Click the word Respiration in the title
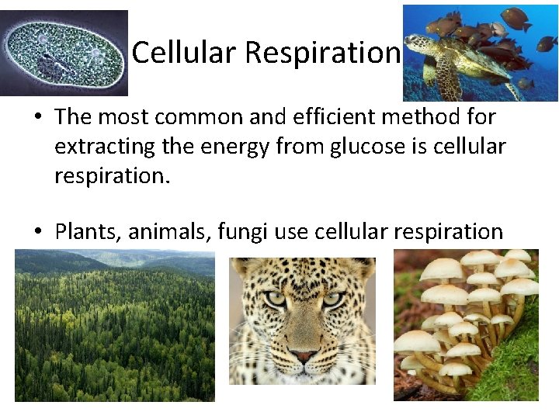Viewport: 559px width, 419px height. point(322,53)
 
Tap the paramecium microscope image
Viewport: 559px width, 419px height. point(64,53)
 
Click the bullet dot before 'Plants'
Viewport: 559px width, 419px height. point(38,231)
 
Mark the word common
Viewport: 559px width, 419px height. point(182,117)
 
